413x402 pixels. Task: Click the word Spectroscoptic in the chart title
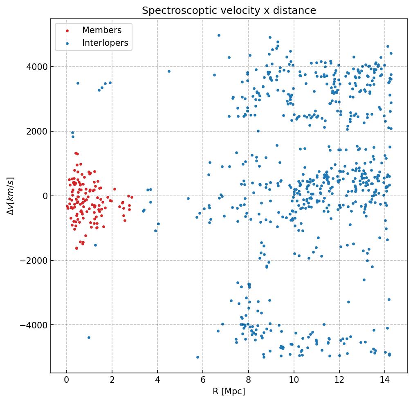[171, 11]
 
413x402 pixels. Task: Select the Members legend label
[102, 30]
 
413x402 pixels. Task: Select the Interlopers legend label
[105, 43]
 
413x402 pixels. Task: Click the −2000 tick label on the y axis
[37, 261]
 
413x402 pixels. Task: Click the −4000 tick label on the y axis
[37, 325]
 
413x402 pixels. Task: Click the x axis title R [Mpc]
[229, 391]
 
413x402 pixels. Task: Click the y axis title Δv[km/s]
[11, 196]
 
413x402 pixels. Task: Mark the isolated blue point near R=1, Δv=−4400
[89, 337]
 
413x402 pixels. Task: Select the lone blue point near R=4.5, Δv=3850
[169, 71]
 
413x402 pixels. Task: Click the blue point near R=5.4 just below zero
[188, 199]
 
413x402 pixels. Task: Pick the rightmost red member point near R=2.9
[132, 197]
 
